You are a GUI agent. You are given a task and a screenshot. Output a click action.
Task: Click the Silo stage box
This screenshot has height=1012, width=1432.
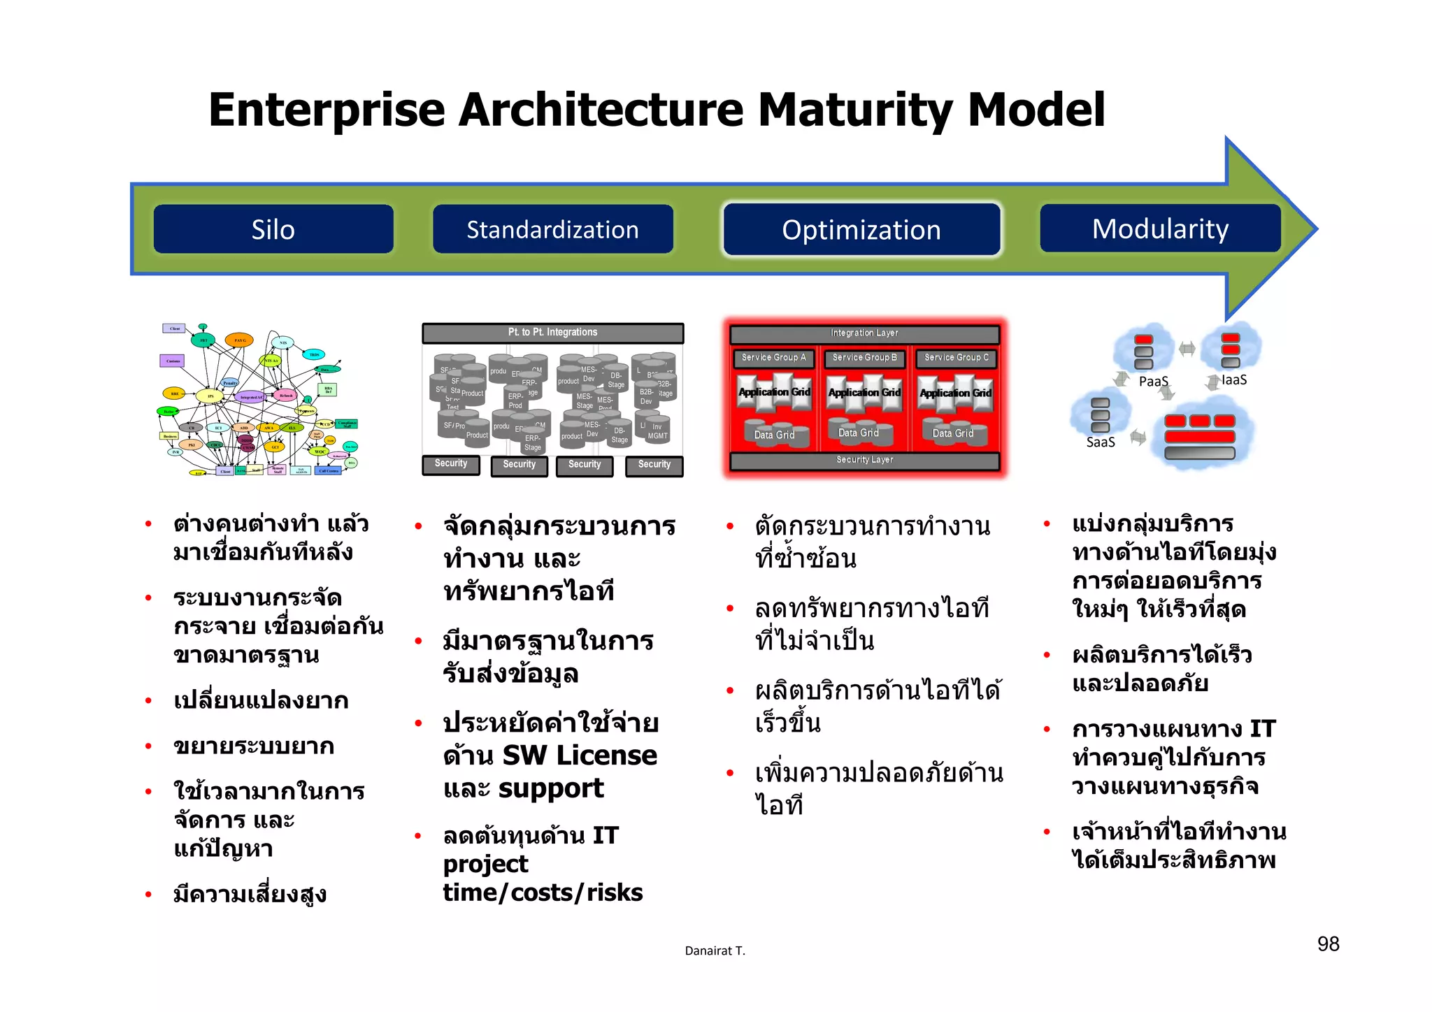[x=273, y=229]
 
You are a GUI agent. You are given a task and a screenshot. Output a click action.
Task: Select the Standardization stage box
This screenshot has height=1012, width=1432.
[x=552, y=229]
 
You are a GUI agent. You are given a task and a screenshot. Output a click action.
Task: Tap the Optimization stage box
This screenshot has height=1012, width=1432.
[x=861, y=229]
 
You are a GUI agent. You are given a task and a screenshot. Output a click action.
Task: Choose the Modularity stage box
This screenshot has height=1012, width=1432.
[x=1160, y=229]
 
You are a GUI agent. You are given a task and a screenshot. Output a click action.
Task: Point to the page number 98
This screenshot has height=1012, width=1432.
[x=1328, y=944]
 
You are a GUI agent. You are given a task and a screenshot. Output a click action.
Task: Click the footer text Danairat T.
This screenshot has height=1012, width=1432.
[x=715, y=950]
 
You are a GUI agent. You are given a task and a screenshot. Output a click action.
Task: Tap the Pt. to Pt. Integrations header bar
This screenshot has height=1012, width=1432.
[x=552, y=333]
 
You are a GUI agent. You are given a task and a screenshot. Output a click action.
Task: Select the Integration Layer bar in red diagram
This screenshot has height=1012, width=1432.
[x=864, y=333]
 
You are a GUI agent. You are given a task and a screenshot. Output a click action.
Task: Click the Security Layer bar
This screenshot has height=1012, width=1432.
[x=864, y=460]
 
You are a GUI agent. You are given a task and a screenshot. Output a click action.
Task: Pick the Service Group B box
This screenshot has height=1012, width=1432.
[x=864, y=358]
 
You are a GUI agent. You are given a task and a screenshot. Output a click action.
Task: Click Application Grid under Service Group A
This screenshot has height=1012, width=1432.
[x=774, y=392]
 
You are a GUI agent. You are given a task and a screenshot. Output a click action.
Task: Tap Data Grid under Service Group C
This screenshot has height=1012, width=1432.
[x=952, y=433]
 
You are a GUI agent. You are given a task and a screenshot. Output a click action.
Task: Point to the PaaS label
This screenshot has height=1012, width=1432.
[x=1153, y=382]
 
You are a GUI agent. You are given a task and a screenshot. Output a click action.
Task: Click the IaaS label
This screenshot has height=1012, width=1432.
[x=1234, y=380]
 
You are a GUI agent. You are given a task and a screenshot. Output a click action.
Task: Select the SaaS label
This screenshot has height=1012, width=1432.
[x=1101, y=442]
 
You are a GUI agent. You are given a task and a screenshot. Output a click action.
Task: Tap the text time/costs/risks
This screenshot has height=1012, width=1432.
[x=543, y=892]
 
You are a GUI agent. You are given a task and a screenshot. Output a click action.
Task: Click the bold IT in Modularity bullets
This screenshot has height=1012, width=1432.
[x=1262, y=729]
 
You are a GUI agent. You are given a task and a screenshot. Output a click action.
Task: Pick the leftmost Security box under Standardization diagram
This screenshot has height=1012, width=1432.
[x=451, y=464]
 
